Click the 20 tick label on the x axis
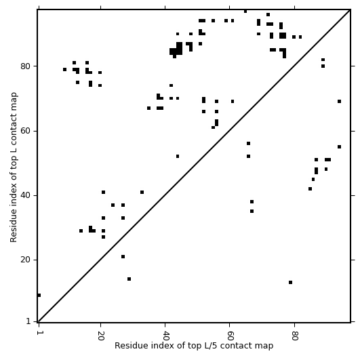[100, 336]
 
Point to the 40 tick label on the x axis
[165, 336]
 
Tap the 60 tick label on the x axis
[230, 336]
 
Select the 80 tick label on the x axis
[294, 336]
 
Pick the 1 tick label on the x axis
[39, 333]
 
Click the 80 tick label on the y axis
[25, 66]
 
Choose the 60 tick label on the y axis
[25, 131]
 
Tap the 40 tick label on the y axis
[25, 196]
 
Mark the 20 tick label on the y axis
[25, 260]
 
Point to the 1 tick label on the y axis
[28, 321]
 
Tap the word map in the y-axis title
[14, 100]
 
